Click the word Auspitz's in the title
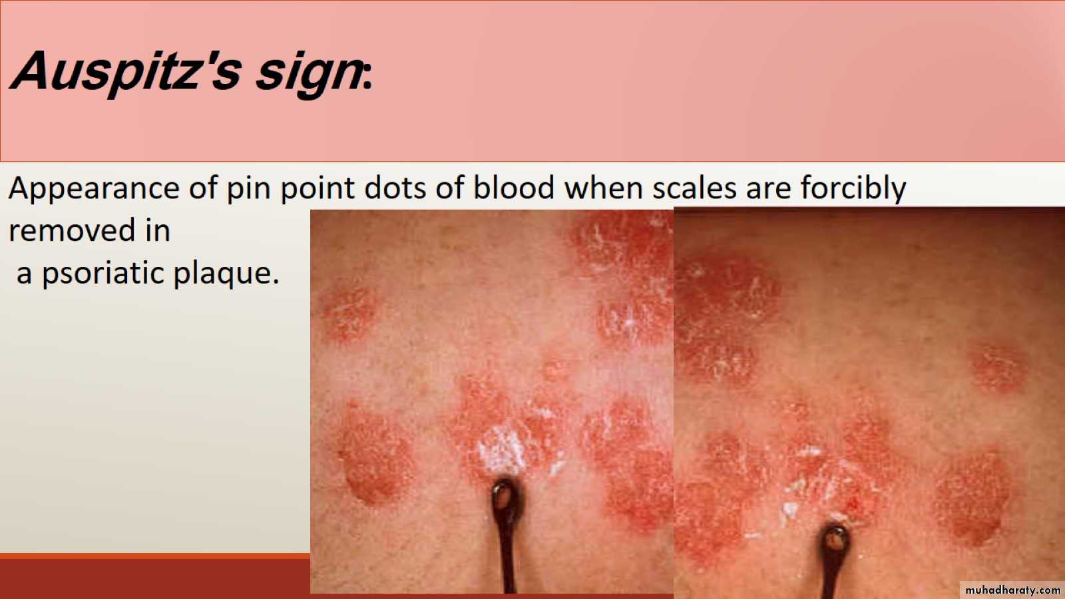(x=126, y=71)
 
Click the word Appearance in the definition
(x=94, y=189)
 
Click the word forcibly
(x=853, y=189)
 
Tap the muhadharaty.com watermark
(x=1012, y=590)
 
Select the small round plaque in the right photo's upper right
(x=997, y=367)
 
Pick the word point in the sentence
(x=317, y=189)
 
